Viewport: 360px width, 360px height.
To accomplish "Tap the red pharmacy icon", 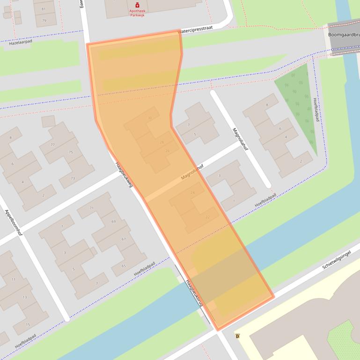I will tap(137, 5).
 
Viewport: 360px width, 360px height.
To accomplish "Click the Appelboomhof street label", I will tap(14, 222).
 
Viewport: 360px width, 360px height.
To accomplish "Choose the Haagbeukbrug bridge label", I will tap(194, 293).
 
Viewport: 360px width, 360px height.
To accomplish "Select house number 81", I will tap(44, 9).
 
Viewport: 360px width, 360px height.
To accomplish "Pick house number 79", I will tap(44, 21).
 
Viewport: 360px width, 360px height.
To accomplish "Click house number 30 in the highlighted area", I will tap(150, 118).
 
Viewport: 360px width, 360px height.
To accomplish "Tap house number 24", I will tap(192, 193).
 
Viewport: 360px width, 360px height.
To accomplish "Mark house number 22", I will tap(207, 217).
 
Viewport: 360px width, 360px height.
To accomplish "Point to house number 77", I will tap(52, 145).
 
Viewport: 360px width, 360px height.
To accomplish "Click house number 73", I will tap(73, 178).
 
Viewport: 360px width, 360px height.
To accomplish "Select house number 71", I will tap(92, 208).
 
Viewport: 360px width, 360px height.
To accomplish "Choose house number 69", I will tap(113, 221).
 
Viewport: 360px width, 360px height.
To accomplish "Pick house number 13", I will tap(25, 297).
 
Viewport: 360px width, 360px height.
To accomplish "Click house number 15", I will tap(28, 324).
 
